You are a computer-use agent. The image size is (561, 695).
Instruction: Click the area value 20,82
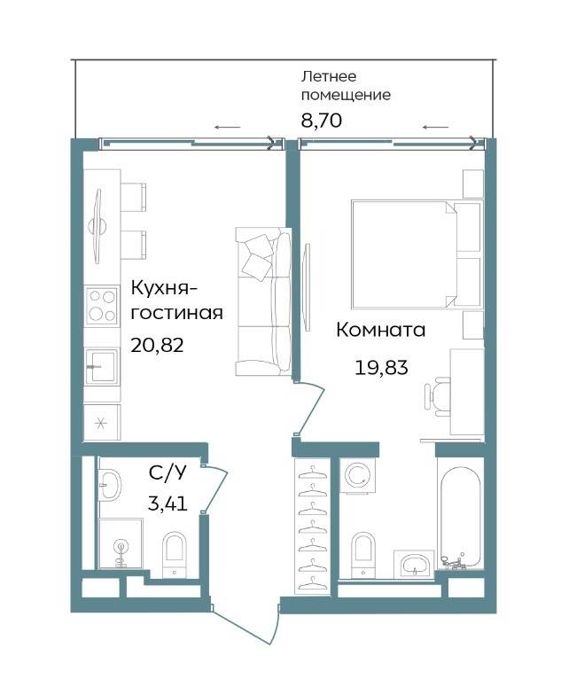coord(157,344)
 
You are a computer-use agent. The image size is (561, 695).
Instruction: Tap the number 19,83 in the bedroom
coord(381,367)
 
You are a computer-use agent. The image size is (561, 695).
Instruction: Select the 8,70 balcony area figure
coord(321,121)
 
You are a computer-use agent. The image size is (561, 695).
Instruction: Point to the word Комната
coord(381,330)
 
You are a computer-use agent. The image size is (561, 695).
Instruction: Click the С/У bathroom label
coord(168,473)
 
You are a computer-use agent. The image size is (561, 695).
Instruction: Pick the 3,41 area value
coord(168,504)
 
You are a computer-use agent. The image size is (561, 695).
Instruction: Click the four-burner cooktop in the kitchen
coord(102,305)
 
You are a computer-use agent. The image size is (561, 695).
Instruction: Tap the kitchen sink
coord(102,365)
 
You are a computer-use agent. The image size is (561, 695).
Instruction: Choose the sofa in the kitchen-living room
coord(263,301)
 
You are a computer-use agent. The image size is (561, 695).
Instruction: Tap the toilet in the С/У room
coord(174,555)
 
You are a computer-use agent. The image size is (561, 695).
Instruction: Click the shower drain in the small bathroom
coord(121,545)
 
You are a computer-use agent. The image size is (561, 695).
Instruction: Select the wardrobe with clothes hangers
coord(312,527)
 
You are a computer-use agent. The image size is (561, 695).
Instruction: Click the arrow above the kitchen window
coord(227,128)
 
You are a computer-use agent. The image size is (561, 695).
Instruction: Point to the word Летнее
coord(329,76)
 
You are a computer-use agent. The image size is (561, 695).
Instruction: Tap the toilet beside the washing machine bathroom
coord(363,555)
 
